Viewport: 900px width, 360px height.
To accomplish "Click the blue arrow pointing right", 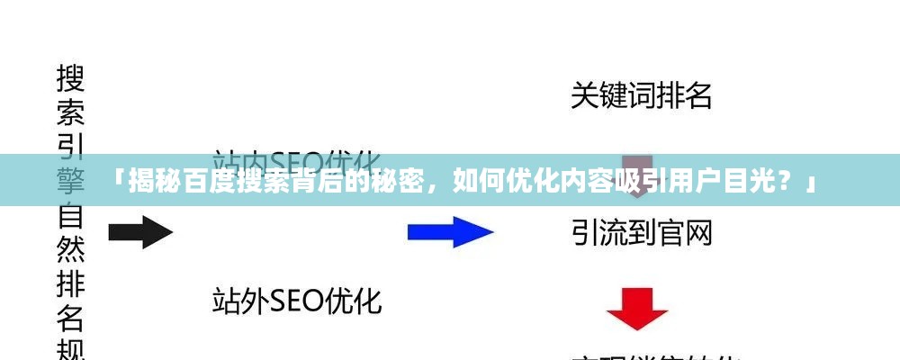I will (450, 231).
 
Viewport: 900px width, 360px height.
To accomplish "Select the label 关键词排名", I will (641, 95).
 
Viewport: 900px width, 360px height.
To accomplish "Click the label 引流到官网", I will (641, 233).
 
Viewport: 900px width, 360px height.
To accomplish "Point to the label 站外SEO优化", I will (297, 300).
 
